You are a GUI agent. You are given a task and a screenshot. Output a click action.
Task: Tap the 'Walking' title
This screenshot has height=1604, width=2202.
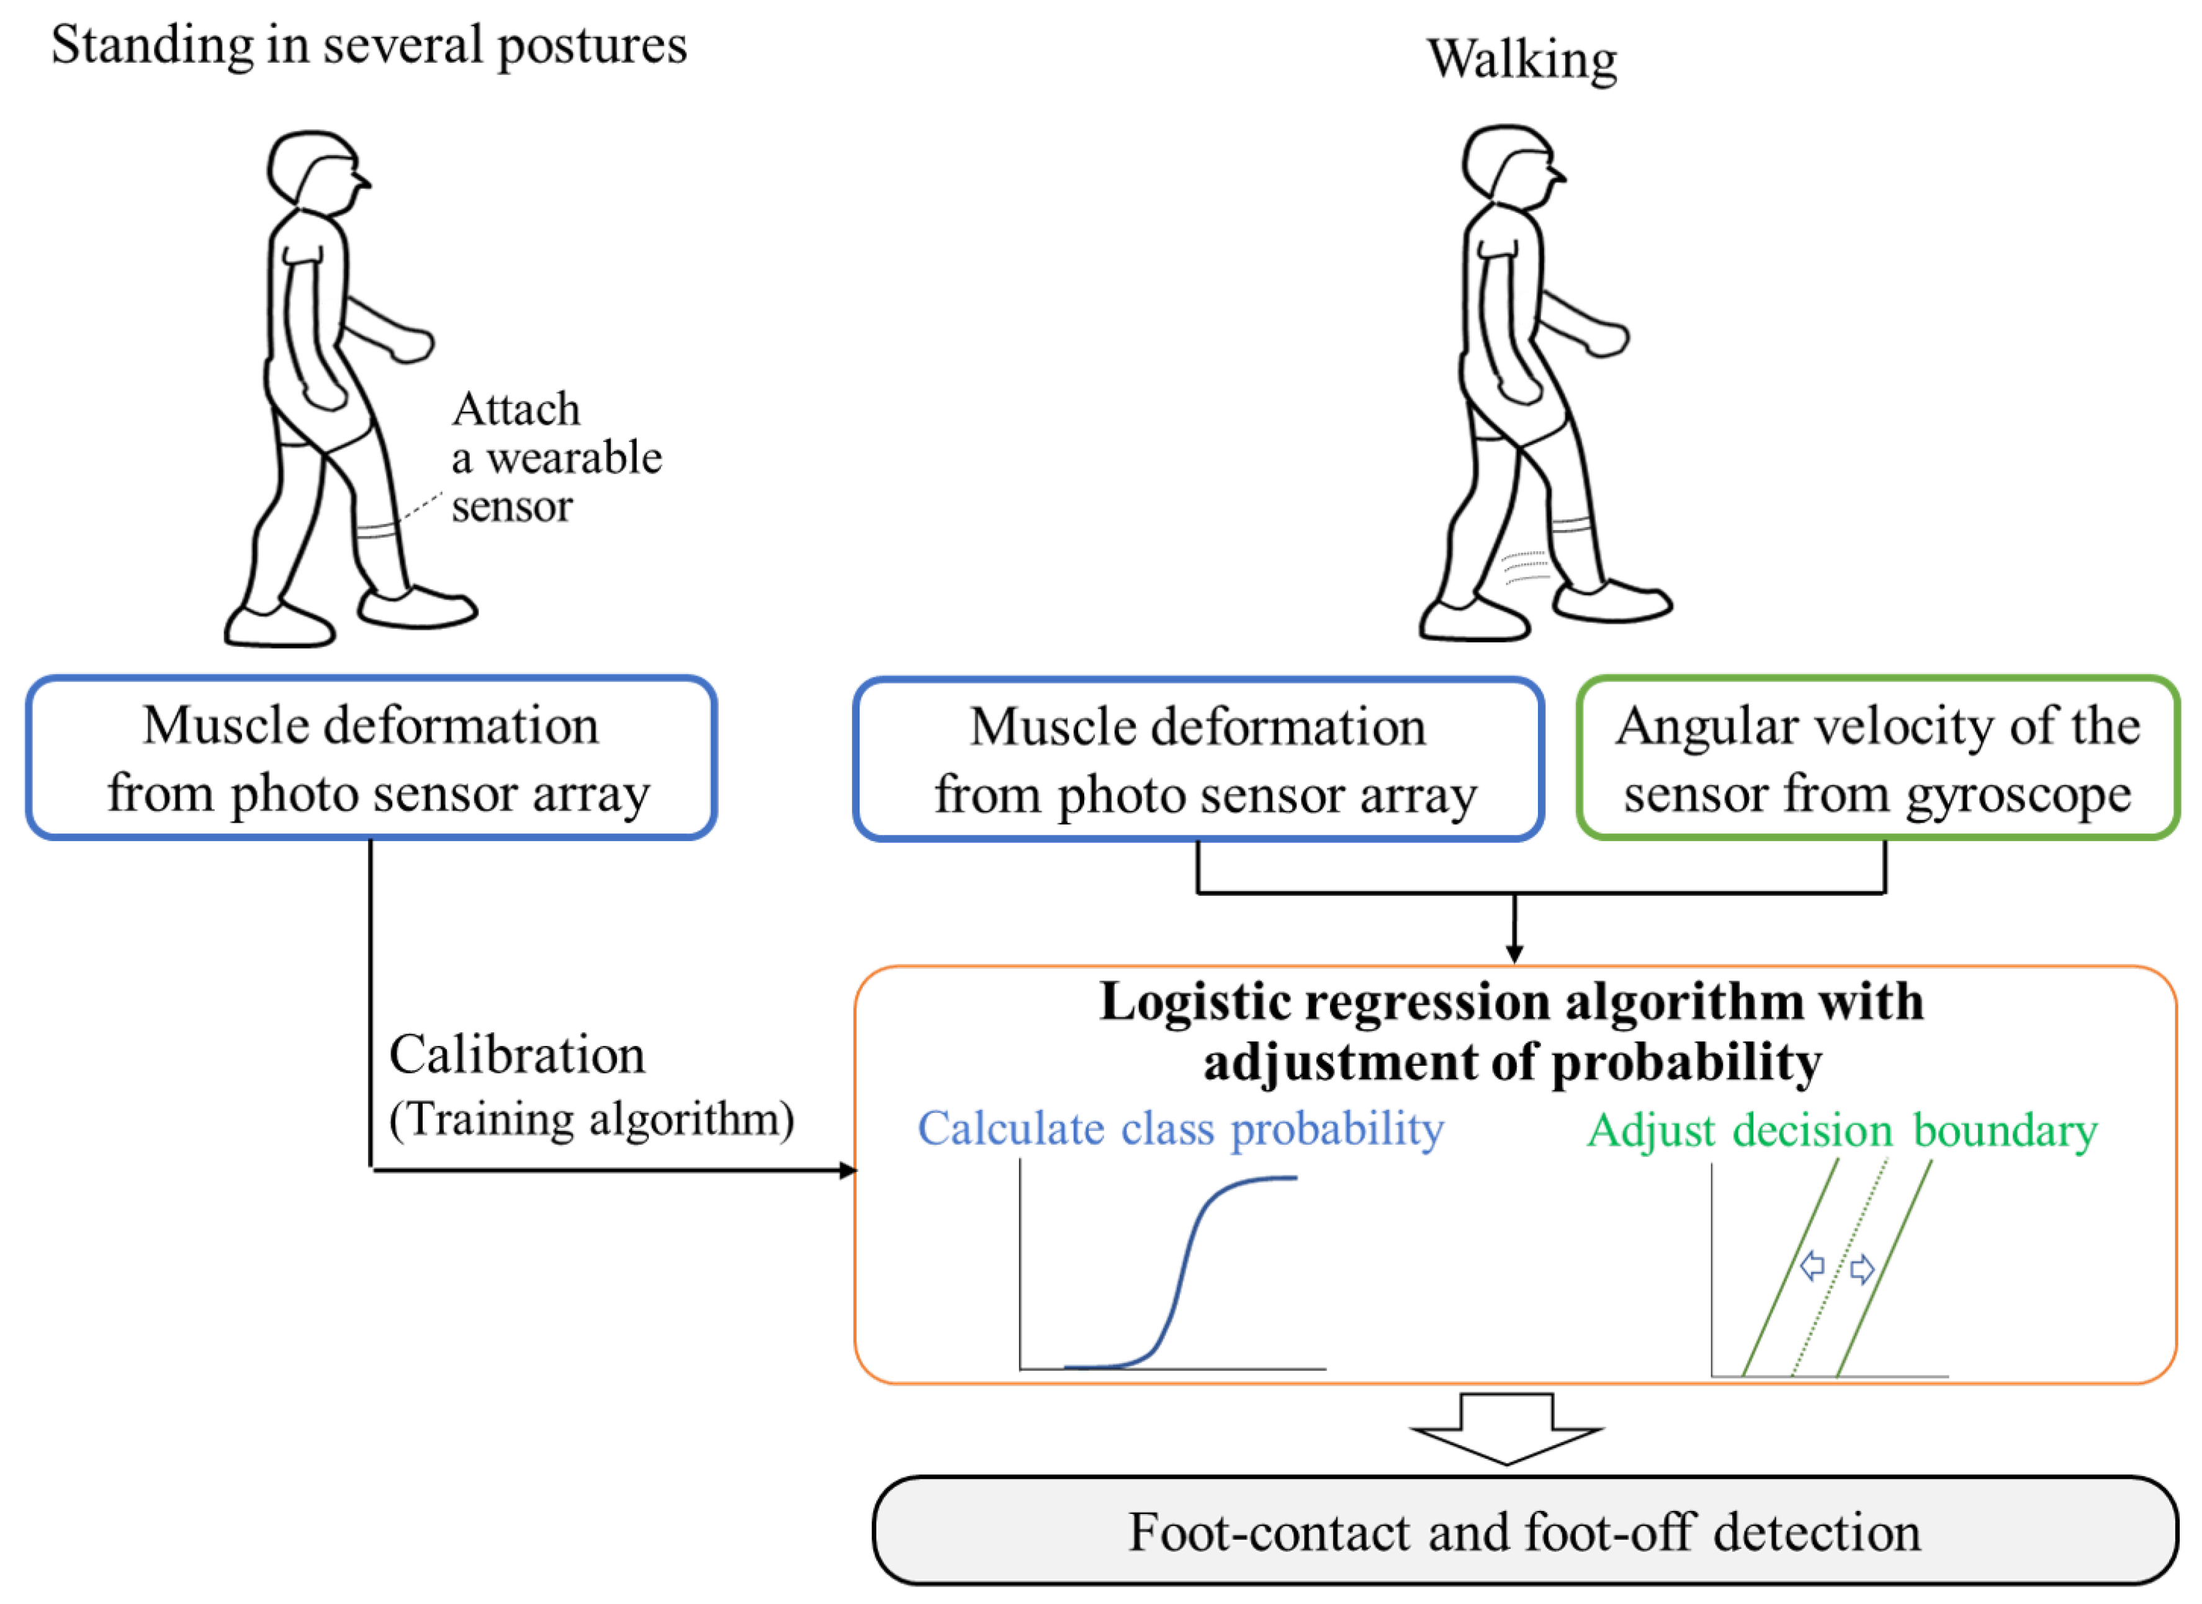click(1521, 60)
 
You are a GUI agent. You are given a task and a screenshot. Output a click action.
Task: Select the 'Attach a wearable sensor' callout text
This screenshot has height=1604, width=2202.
click(556, 457)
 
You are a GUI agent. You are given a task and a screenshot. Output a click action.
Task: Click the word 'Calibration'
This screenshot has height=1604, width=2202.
click(516, 1055)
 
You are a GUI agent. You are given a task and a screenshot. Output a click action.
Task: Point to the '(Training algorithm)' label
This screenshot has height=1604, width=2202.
click(591, 1119)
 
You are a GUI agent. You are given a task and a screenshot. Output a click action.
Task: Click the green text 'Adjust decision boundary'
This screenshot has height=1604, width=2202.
click(1842, 1131)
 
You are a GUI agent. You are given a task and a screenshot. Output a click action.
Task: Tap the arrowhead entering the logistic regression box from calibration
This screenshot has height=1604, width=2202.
click(848, 1170)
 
